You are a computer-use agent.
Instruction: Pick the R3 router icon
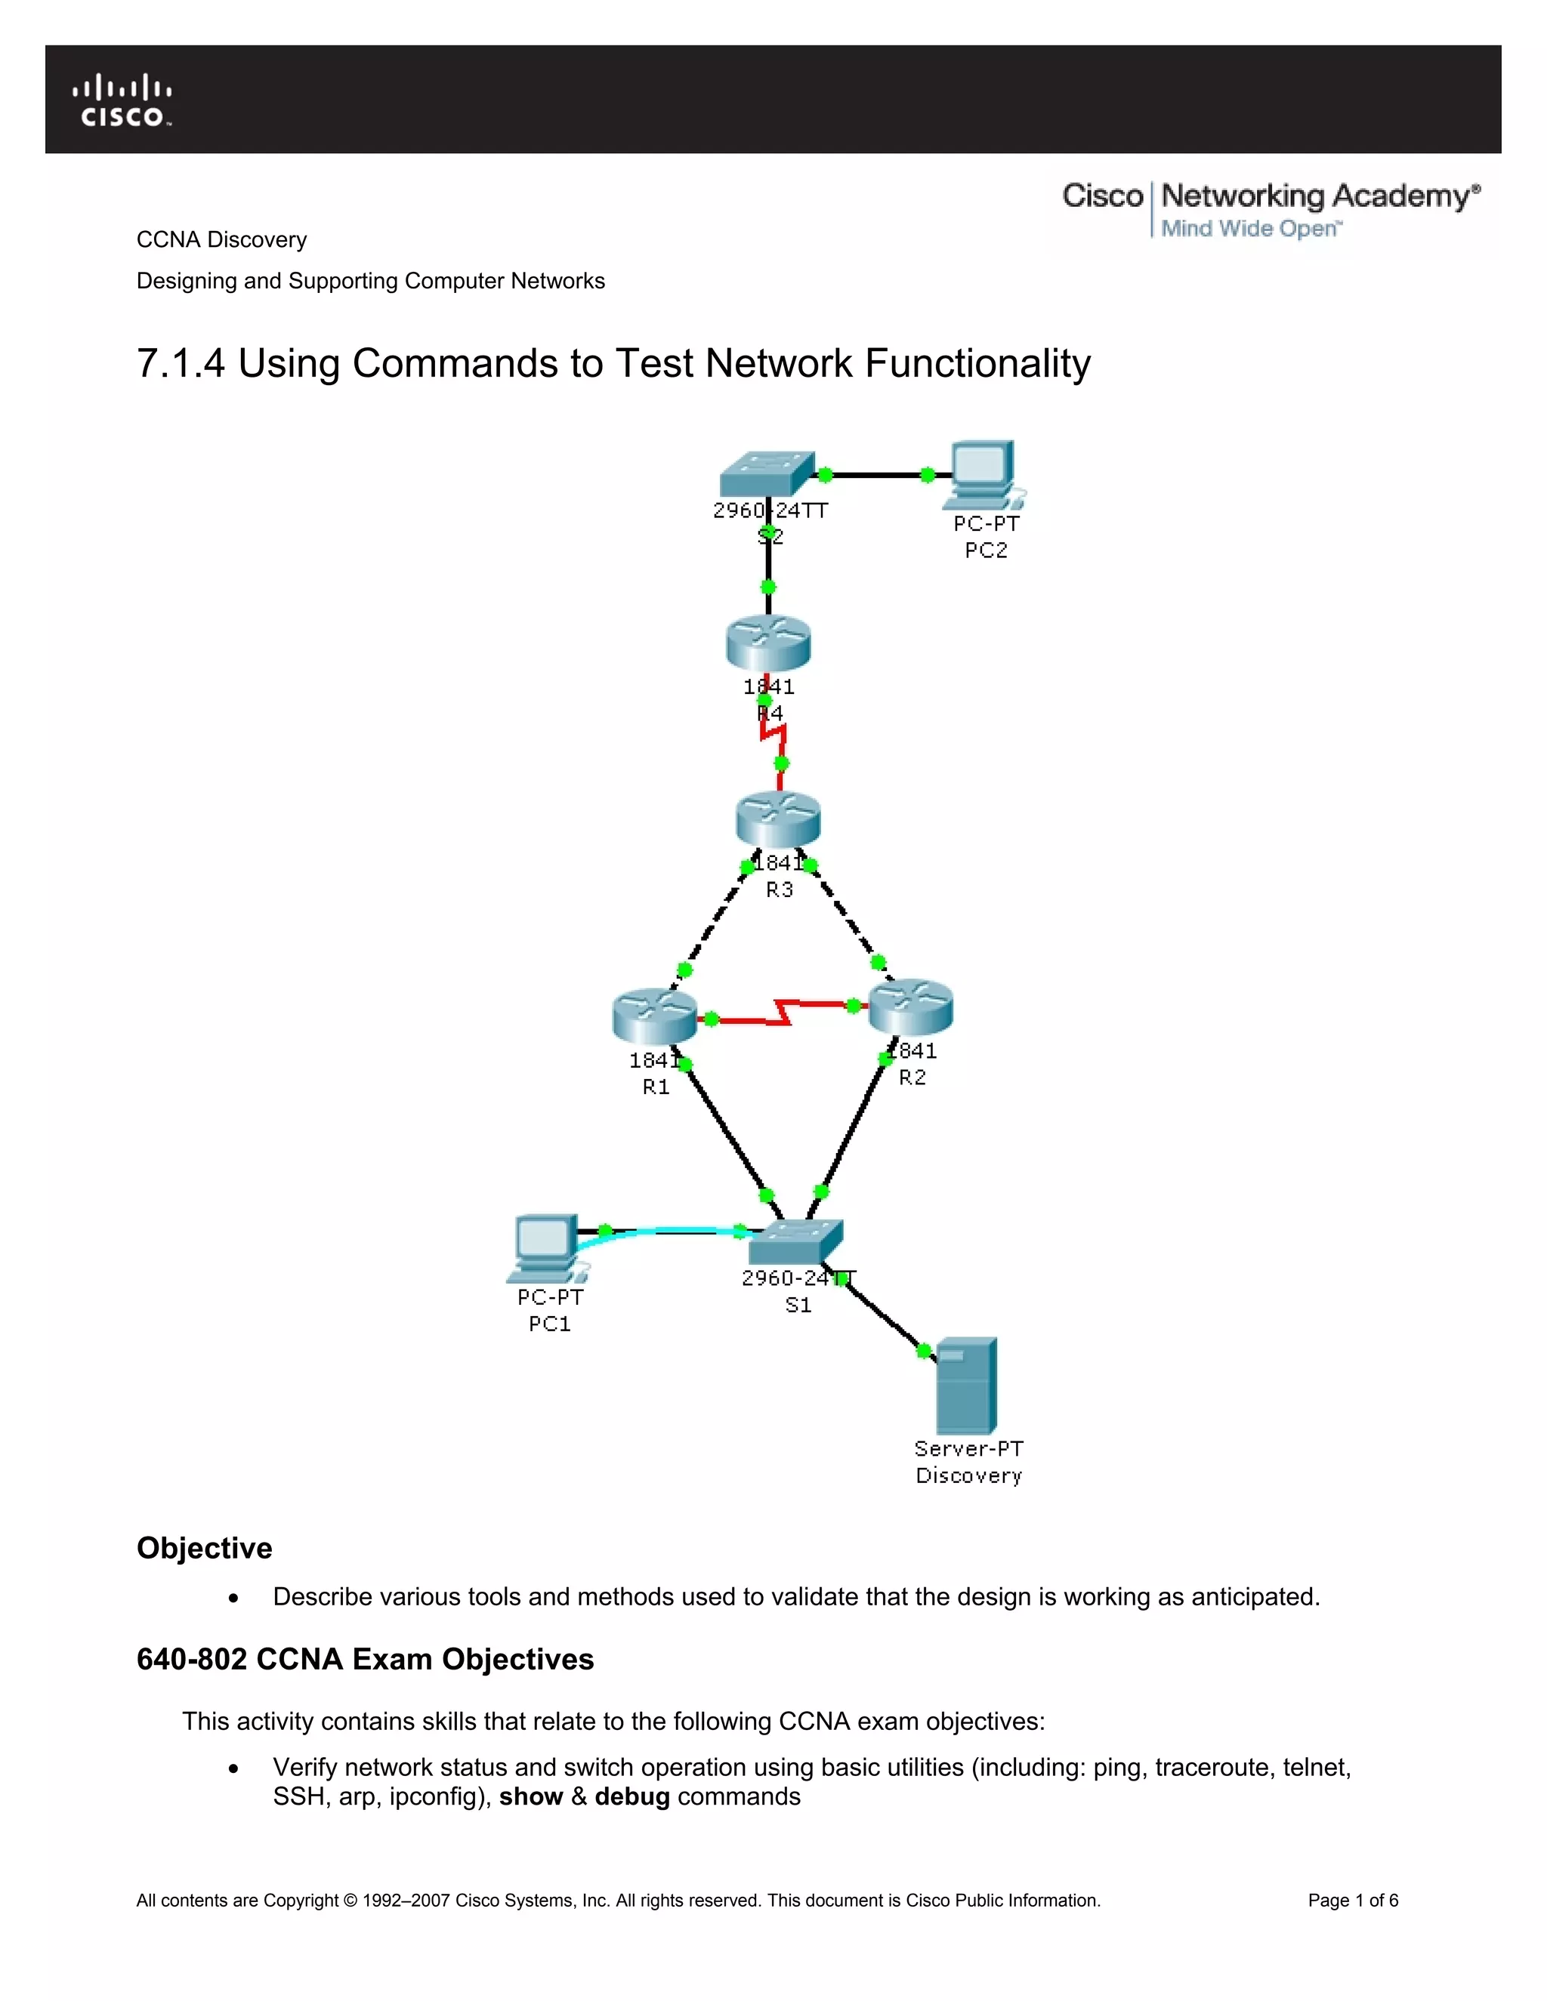point(778,819)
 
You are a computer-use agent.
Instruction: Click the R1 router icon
point(654,1015)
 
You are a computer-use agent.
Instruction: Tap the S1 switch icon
point(795,1241)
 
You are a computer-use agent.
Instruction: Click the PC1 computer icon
point(547,1247)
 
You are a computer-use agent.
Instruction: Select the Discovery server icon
point(966,1386)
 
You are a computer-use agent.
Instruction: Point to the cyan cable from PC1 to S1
point(669,1231)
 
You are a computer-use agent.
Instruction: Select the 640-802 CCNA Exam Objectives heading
point(365,1659)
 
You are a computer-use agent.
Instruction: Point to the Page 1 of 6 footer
point(1352,1901)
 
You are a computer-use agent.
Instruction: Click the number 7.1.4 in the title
point(181,364)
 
